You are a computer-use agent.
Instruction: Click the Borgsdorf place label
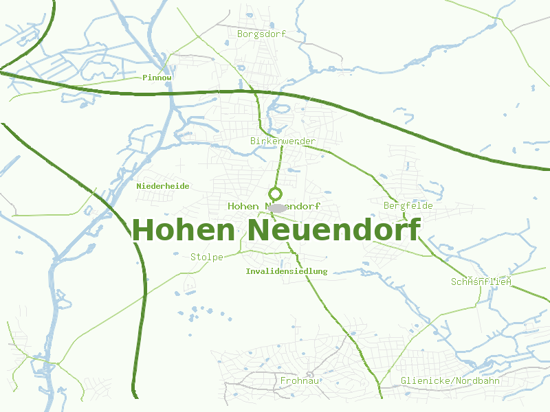pyautogui.click(x=261, y=33)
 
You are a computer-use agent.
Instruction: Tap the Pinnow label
pyautogui.click(x=157, y=78)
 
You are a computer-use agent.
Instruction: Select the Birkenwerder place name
pyautogui.click(x=283, y=141)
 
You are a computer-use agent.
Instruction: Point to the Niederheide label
pyautogui.click(x=163, y=186)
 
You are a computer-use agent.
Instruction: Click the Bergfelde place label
pyautogui.click(x=408, y=205)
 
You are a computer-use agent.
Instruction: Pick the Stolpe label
pyautogui.click(x=207, y=257)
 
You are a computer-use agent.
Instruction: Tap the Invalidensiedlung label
pyautogui.click(x=287, y=271)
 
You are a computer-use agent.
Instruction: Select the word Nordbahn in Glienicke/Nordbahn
pyautogui.click(x=477, y=380)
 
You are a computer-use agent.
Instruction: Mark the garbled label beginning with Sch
pyautogui.click(x=482, y=282)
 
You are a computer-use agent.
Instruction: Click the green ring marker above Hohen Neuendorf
pyautogui.click(x=275, y=194)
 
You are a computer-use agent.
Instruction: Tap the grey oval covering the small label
pyautogui.click(x=278, y=207)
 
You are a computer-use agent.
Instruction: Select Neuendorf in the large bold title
pyautogui.click(x=333, y=230)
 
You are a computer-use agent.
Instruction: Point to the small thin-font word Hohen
pyautogui.click(x=243, y=206)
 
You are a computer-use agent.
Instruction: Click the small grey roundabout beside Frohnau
pyautogui.click(x=311, y=374)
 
